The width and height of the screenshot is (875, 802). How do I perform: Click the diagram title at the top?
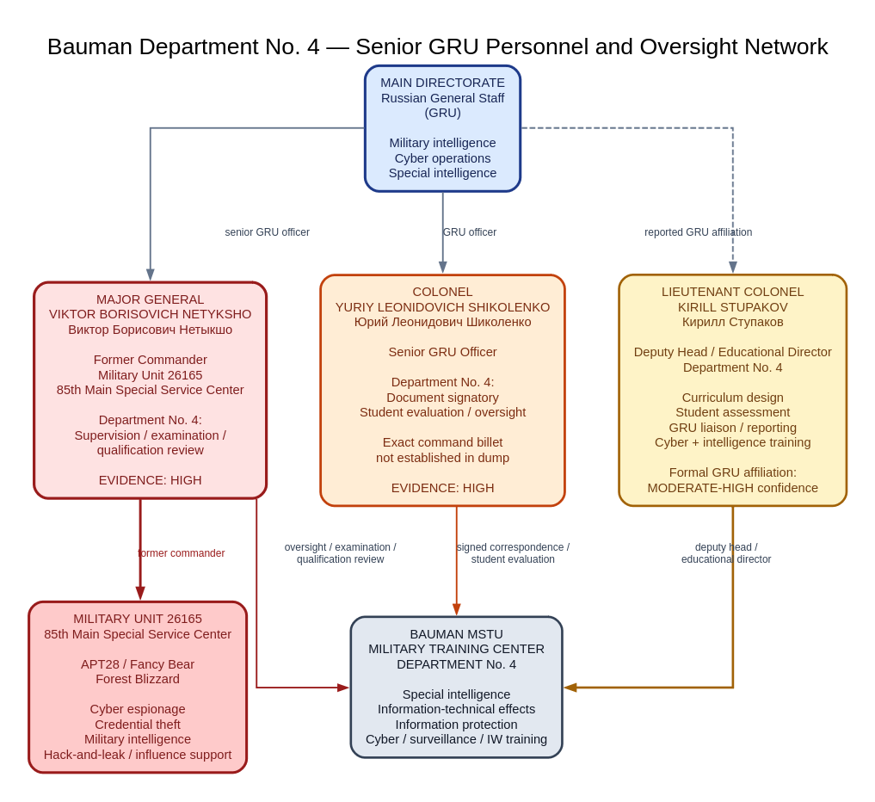[437, 46]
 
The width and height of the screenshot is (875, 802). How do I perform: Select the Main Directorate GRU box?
[442, 128]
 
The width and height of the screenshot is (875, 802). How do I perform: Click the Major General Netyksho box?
[150, 390]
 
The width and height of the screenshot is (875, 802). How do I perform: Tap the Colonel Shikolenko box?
[442, 390]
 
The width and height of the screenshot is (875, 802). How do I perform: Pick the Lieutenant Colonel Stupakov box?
[733, 390]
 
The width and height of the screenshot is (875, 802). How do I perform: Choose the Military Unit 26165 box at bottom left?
[138, 687]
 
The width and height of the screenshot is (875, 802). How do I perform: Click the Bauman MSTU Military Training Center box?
[457, 687]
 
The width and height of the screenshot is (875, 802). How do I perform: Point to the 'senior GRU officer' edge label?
[267, 232]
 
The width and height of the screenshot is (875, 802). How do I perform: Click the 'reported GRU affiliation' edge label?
[698, 232]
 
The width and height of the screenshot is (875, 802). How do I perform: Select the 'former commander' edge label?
[182, 553]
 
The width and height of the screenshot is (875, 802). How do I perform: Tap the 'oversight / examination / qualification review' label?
[341, 553]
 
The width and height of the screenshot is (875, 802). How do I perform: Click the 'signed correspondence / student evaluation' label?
[513, 553]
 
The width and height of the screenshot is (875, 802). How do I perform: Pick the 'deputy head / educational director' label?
[726, 553]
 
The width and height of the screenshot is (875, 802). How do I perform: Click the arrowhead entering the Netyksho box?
[150, 275]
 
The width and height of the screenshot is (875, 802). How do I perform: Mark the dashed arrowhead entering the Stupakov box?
[733, 268]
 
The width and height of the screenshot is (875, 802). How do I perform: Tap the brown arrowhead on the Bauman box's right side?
[570, 688]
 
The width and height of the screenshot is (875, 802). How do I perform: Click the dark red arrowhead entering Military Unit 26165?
[140, 594]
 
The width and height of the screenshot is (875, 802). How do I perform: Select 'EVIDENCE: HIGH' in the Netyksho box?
[150, 480]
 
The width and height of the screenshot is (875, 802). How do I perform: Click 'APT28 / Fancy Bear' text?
[138, 664]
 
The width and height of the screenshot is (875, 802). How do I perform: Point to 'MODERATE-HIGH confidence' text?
[733, 489]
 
